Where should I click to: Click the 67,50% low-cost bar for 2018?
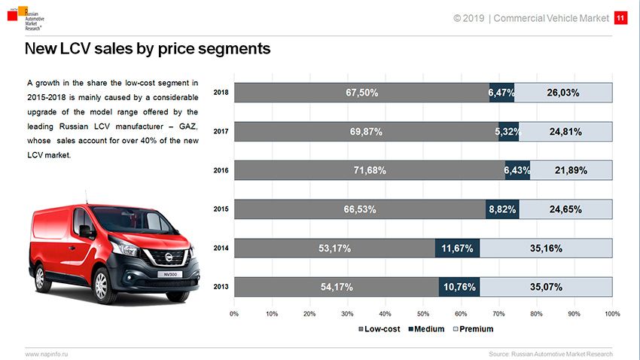(x=361, y=93)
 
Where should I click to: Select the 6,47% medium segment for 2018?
(x=501, y=93)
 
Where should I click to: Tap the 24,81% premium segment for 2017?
(x=565, y=132)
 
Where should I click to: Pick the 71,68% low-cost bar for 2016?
(x=370, y=170)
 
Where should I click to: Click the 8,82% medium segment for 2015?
(x=502, y=209)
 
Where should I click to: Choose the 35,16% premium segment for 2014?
(x=546, y=248)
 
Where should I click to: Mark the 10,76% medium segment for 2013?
(x=459, y=287)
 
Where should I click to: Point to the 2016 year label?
(x=221, y=171)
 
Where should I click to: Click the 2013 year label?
(x=221, y=287)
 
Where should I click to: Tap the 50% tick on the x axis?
(x=423, y=313)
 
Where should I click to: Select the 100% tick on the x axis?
(x=611, y=313)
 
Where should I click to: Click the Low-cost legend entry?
(x=379, y=329)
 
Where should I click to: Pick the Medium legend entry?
(x=426, y=329)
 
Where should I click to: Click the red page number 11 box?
(x=620, y=17)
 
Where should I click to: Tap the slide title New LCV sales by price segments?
(x=147, y=50)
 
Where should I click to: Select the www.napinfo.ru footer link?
(x=47, y=353)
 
